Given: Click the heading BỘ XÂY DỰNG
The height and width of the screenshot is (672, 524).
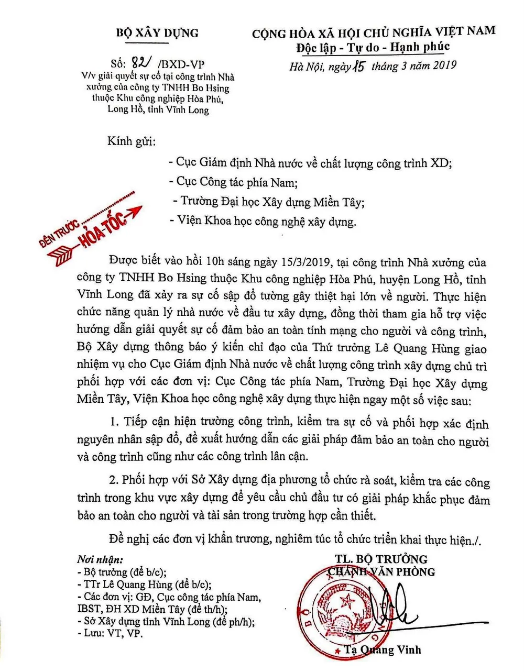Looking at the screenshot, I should pyautogui.click(x=157, y=34).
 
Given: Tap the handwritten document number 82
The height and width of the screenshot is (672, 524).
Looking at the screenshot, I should pyautogui.click(x=139, y=63).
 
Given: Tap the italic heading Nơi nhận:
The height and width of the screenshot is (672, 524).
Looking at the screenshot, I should pyautogui.click(x=100, y=559).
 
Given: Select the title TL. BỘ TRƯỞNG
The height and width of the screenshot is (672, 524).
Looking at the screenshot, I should pyautogui.click(x=381, y=559).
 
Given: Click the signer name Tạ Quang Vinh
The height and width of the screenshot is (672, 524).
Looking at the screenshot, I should pyautogui.click(x=382, y=650).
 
